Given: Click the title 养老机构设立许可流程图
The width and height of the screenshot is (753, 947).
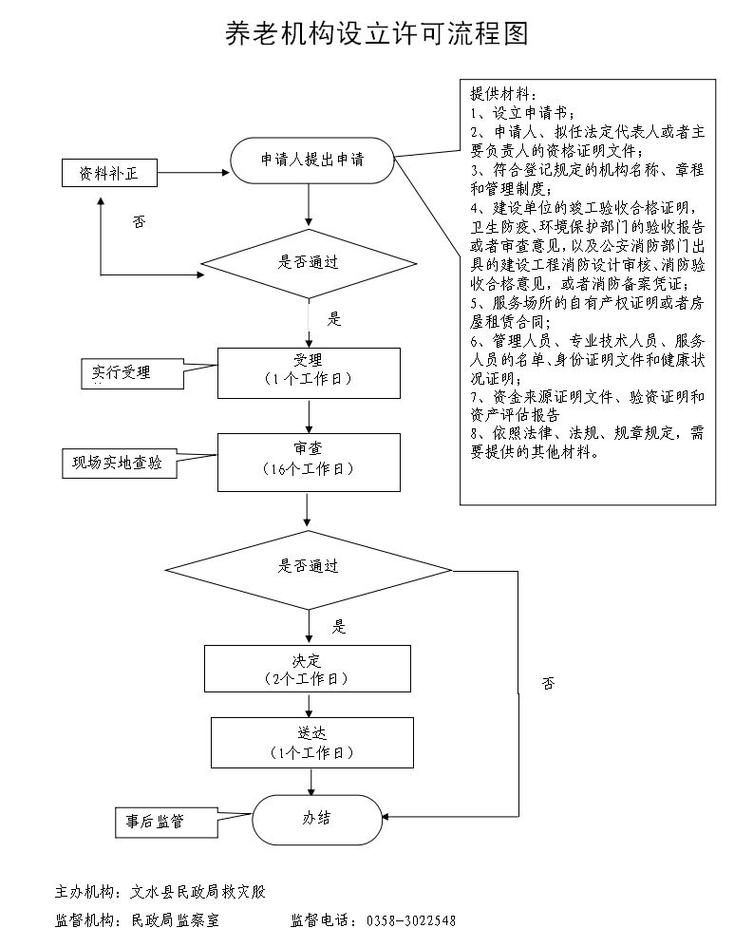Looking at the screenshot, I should tap(375, 34).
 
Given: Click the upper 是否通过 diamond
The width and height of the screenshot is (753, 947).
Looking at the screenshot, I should tap(308, 263).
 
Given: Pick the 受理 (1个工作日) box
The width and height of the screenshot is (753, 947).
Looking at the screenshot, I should tap(308, 371).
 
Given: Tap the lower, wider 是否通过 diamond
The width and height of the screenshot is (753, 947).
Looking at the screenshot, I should tap(308, 567).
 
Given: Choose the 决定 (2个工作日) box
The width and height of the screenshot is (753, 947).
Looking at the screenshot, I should tap(308, 669).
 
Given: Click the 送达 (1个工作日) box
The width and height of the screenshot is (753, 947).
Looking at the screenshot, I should tap(311, 742).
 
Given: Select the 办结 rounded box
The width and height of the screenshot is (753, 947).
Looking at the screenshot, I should tap(316, 818).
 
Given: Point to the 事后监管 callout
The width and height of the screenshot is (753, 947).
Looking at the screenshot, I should tap(150, 821).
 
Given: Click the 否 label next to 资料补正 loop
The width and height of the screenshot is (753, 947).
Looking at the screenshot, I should tap(140, 221).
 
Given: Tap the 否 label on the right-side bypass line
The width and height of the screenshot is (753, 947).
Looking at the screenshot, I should tap(548, 683).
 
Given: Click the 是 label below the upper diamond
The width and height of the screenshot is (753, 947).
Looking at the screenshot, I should tap(334, 319).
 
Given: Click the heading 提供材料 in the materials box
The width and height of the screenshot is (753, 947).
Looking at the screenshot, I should tap(502, 94).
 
